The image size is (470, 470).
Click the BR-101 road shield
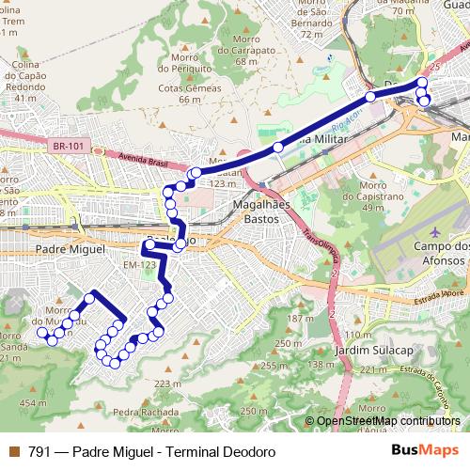tap(66, 146)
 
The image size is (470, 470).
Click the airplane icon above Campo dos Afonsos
tap(434, 231)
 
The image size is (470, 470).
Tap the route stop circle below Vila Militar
tap(278, 148)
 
